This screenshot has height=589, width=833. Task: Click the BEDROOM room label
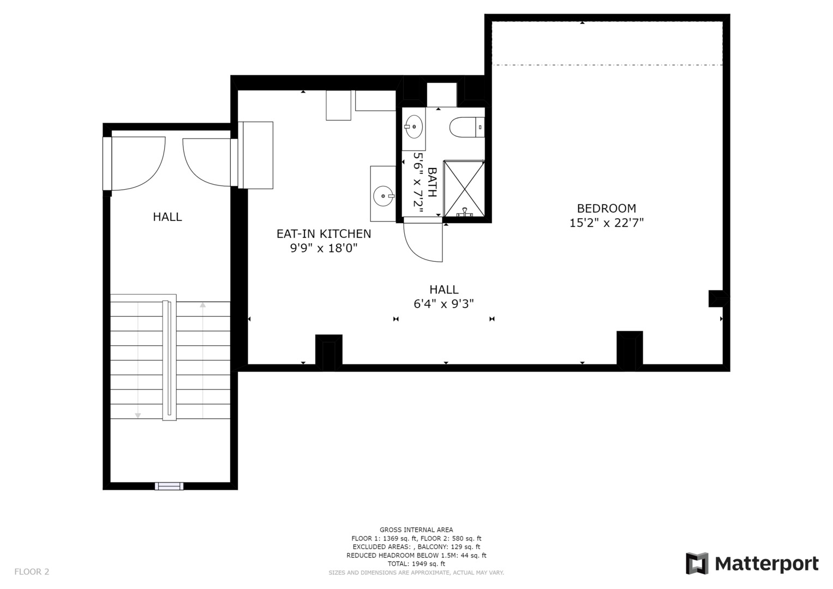[606, 208]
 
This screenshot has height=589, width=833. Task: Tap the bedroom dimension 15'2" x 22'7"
[606, 223]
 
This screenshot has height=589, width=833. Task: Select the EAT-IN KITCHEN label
[323, 234]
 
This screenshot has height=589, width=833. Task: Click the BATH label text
[432, 182]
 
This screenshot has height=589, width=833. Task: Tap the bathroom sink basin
[414, 127]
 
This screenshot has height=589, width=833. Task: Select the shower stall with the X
[464, 188]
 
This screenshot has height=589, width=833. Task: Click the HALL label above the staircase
[167, 217]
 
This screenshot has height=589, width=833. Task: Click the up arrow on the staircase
[203, 305]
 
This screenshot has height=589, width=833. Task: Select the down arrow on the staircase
[138, 416]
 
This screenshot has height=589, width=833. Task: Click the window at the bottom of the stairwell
[169, 486]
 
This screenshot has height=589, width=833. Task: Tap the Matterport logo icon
[697, 563]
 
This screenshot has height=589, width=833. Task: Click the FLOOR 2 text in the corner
[32, 572]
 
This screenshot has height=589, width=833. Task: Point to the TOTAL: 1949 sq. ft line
[416, 564]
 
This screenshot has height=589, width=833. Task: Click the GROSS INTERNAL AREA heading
[416, 530]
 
